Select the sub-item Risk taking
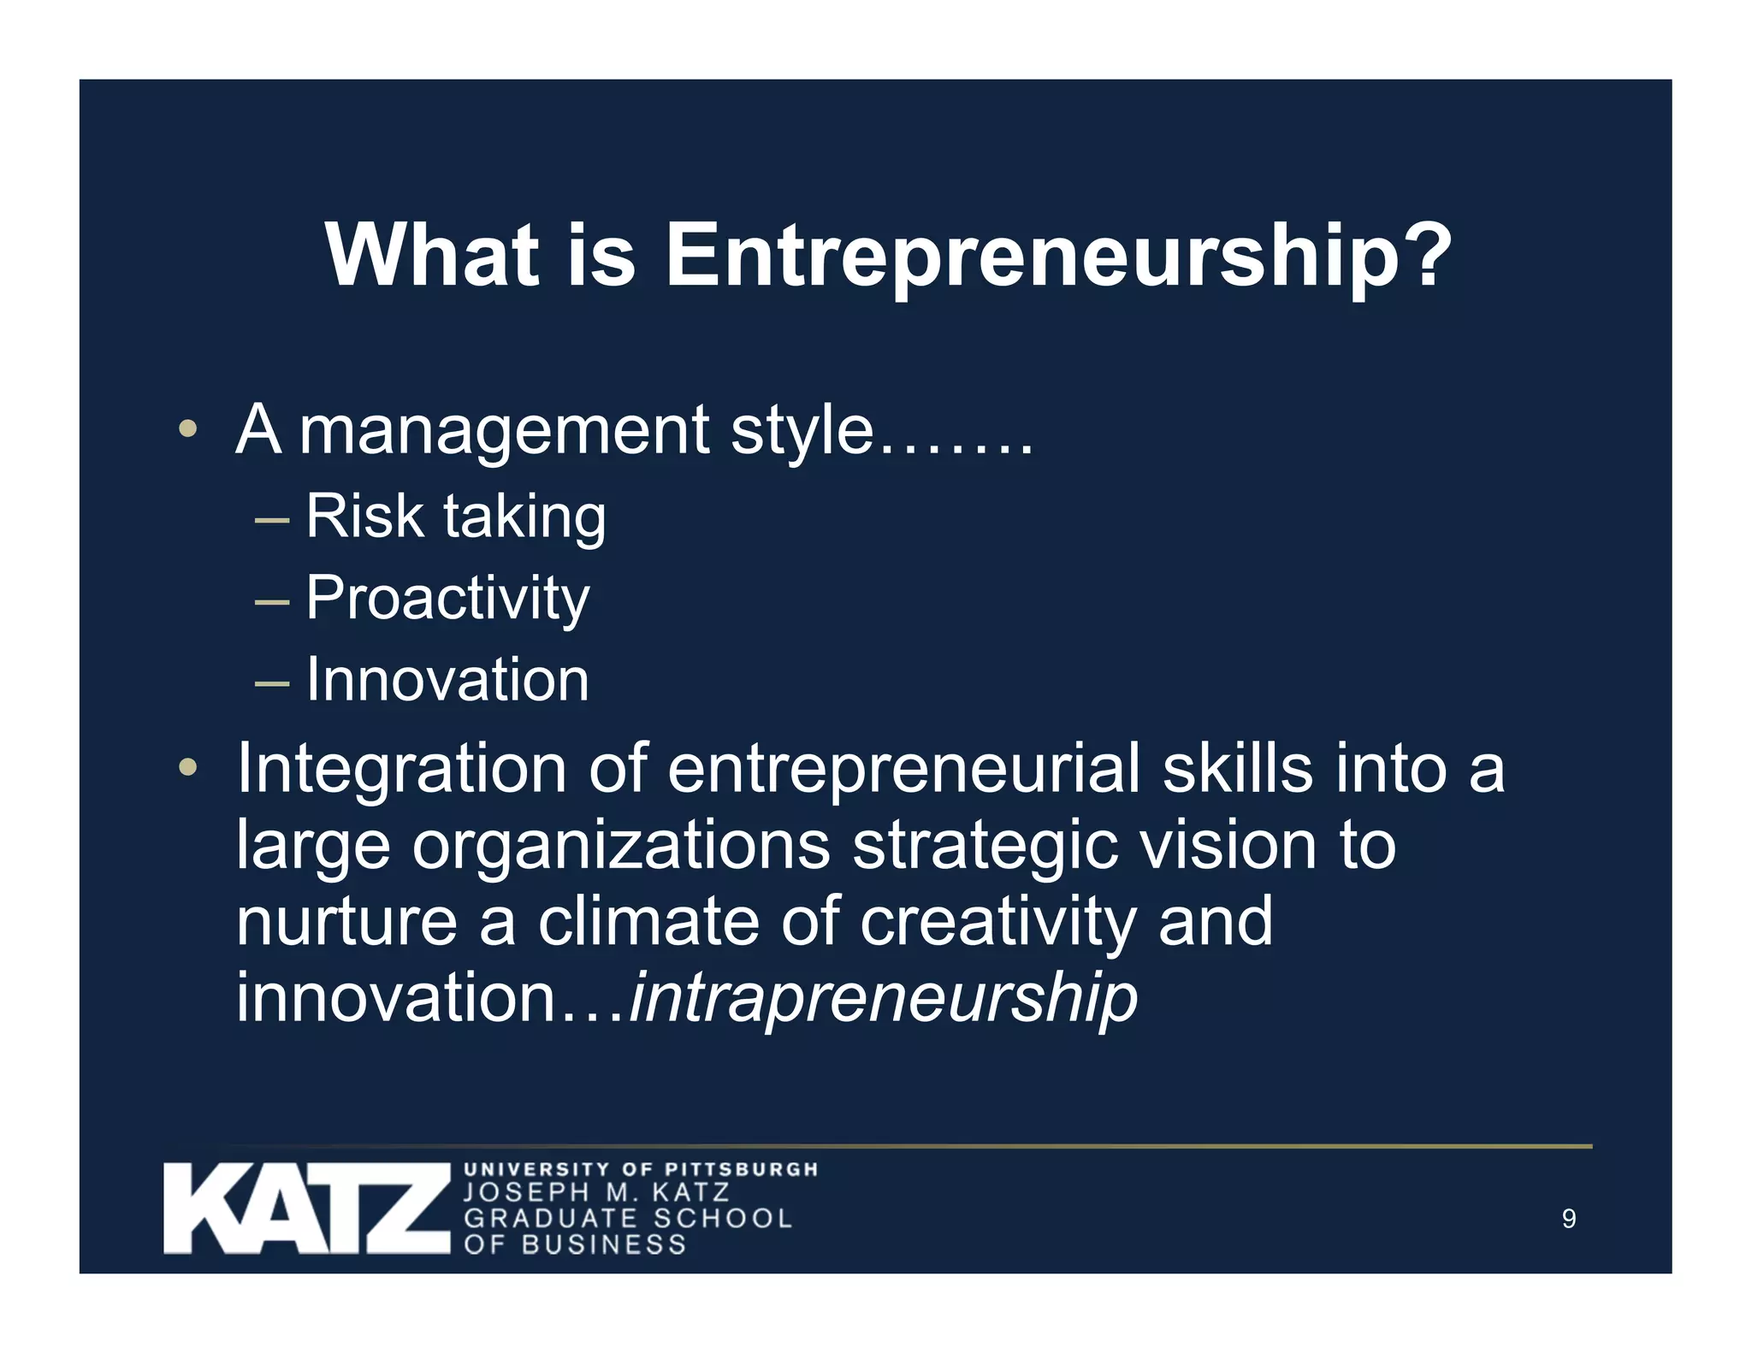[456, 517]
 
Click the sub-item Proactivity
[447, 598]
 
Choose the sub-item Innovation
[447, 680]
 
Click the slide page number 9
[1568, 1219]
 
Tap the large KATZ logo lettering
[306, 1208]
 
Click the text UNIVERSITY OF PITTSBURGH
[641, 1169]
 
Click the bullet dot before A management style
[187, 428]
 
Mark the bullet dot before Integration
[187, 767]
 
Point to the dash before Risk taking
[272, 519]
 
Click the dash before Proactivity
[272, 601]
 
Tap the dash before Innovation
[272, 683]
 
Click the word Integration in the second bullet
[400, 768]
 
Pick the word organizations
[621, 846]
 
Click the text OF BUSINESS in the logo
[575, 1244]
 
